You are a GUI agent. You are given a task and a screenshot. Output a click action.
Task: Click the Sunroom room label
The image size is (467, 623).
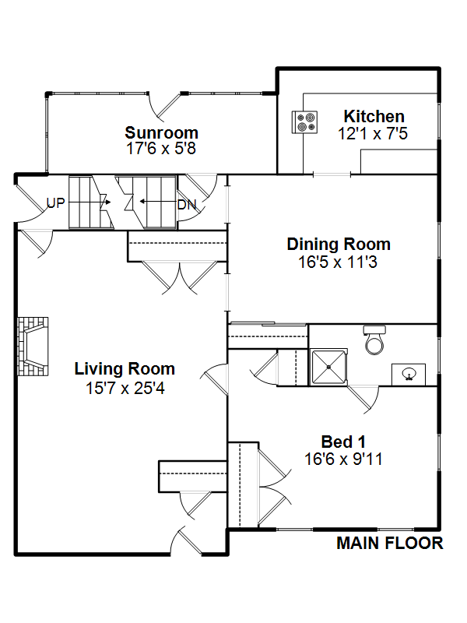[161, 132]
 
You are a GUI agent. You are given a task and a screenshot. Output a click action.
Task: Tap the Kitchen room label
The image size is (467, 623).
[374, 116]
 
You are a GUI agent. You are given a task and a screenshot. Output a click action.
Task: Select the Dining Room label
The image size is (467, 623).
[339, 245]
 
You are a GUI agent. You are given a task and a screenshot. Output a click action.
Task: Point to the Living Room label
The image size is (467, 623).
[125, 369]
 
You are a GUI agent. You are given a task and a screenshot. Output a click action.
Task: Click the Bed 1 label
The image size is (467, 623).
[343, 442]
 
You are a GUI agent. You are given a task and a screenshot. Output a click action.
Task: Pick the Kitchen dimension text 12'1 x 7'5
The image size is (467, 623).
[373, 133]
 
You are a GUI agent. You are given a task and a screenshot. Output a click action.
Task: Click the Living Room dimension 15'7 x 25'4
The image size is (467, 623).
[125, 388]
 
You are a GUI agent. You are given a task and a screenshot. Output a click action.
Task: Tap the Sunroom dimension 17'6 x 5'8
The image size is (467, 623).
[161, 149]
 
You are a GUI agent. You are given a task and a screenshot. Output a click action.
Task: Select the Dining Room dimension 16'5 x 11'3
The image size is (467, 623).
[338, 262]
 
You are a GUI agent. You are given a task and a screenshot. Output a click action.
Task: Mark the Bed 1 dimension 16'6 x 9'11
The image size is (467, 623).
[343, 459]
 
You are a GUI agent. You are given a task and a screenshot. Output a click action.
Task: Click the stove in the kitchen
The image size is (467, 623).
[304, 122]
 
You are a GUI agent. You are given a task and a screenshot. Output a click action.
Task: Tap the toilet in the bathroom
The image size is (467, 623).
[374, 340]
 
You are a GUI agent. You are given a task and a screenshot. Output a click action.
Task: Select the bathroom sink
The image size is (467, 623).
[409, 375]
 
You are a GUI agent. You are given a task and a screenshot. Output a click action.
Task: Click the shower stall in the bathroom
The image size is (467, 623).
[328, 367]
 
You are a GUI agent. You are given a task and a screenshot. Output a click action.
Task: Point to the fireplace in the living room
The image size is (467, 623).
[33, 347]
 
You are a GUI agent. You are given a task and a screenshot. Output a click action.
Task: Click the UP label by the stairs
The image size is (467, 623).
[55, 203]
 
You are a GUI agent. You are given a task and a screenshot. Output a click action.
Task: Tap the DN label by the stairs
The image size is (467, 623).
[187, 205]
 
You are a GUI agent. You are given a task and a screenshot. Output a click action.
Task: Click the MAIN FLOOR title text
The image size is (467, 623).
[390, 543]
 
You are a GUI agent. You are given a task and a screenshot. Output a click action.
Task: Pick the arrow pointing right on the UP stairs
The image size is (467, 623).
[90, 202]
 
